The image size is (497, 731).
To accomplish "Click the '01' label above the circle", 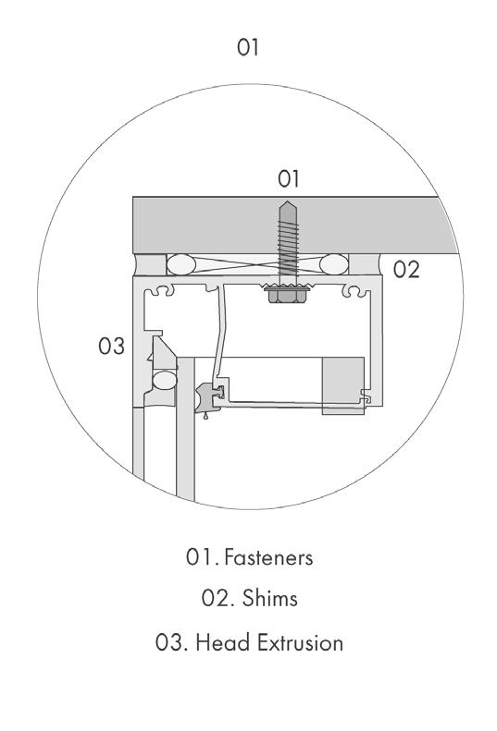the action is tap(247, 47).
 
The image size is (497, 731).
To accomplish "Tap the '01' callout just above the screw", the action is tap(288, 178).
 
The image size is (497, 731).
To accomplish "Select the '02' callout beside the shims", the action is tap(406, 270).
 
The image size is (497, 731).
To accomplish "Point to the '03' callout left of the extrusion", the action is tap(112, 346).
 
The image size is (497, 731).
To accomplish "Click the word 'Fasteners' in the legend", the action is tap(268, 557).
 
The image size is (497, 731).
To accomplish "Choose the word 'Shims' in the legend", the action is tap(269, 598).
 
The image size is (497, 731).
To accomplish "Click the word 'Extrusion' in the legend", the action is tap(301, 642).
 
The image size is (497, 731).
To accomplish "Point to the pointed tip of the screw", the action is tap(287, 201).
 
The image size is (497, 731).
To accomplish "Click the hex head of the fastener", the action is tap(287, 294).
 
